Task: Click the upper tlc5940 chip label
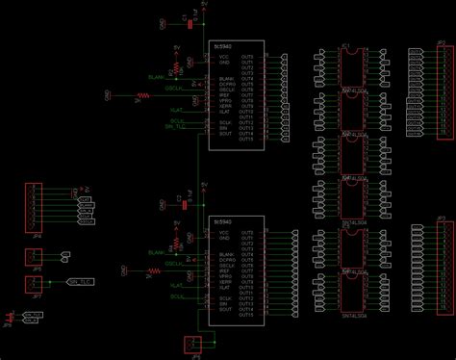222,44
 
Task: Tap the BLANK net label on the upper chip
155,76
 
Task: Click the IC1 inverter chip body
350,67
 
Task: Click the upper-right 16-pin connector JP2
428,92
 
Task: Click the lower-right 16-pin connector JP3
428,270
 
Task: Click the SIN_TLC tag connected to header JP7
82,282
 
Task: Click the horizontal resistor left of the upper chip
144,96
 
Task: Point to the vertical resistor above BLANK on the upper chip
176,65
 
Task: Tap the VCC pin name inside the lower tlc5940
224,233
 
